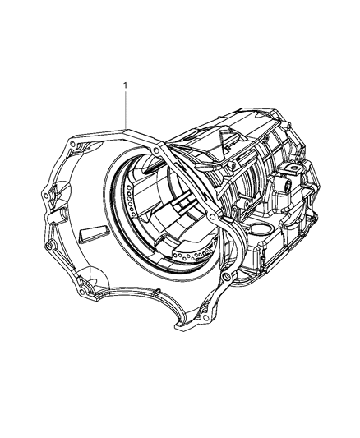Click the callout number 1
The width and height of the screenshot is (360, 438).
pos(125,85)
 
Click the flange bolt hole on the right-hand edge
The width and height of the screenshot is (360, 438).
pos(215,216)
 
